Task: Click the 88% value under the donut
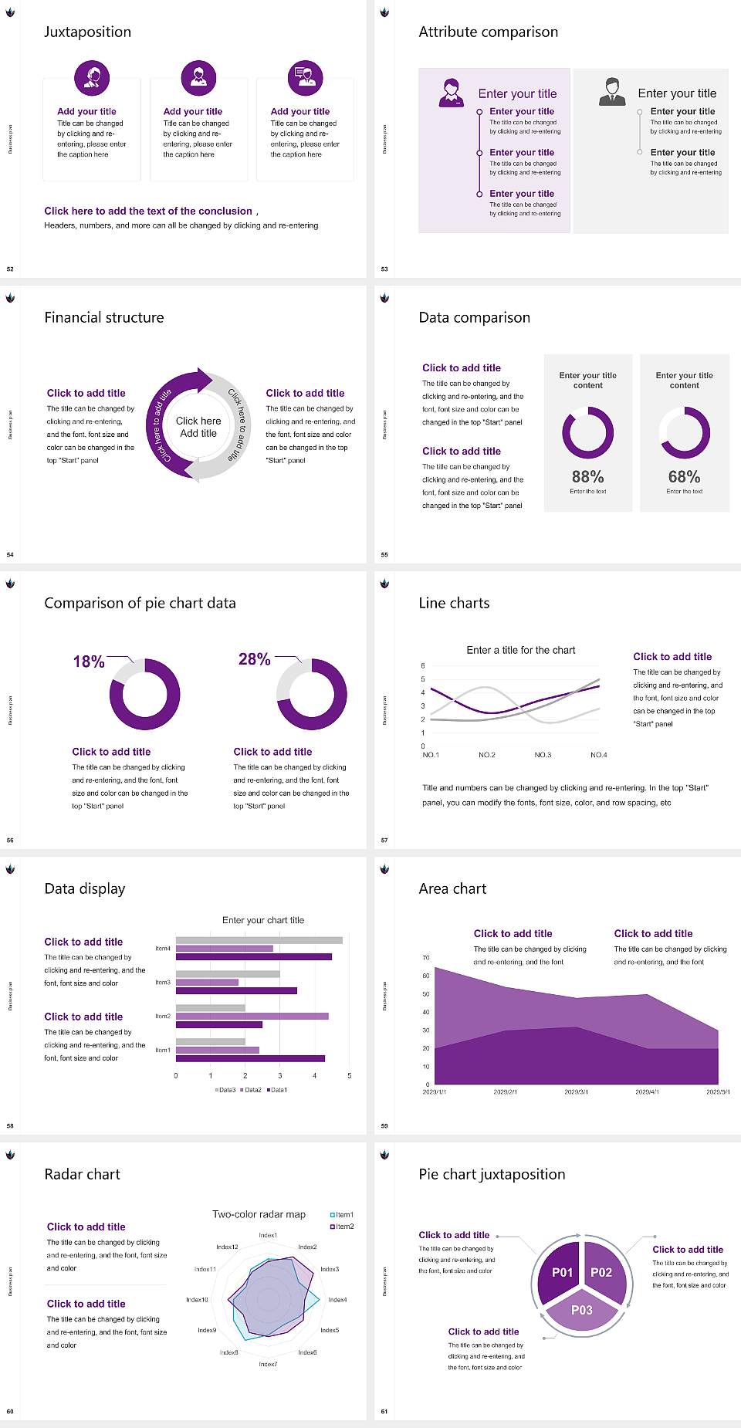tap(587, 477)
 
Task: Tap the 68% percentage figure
tap(684, 477)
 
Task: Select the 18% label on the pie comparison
tap(89, 662)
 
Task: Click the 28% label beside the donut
tap(254, 659)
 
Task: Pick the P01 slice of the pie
tap(562, 1272)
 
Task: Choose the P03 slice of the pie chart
tap(582, 1310)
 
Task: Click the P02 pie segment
tap(601, 1272)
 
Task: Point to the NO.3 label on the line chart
tap(543, 755)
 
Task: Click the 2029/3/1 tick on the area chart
tap(576, 1092)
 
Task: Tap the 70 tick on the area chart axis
tap(426, 958)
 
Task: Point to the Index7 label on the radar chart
tap(268, 1364)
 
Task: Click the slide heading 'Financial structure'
tap(104, 317)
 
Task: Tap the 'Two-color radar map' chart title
tap(259, 1214)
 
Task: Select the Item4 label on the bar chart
tap(163, 948)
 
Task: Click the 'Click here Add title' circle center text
tap(198, 427)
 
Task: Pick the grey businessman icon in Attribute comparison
tap(612, 92)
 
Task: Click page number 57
tap(384, 840)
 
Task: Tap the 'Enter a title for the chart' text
tap(521, 650)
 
